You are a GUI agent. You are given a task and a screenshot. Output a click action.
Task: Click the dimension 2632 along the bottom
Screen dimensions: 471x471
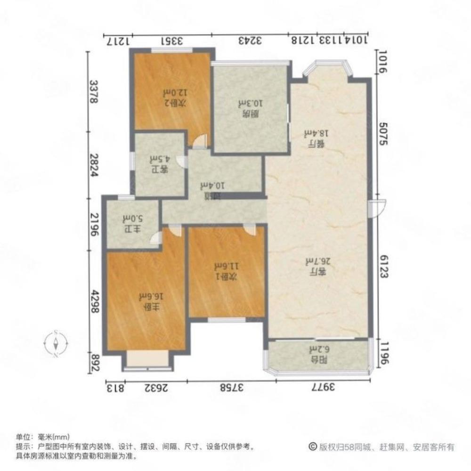[156, 388]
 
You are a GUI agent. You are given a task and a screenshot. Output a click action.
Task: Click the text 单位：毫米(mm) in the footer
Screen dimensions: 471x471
[43, 437]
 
